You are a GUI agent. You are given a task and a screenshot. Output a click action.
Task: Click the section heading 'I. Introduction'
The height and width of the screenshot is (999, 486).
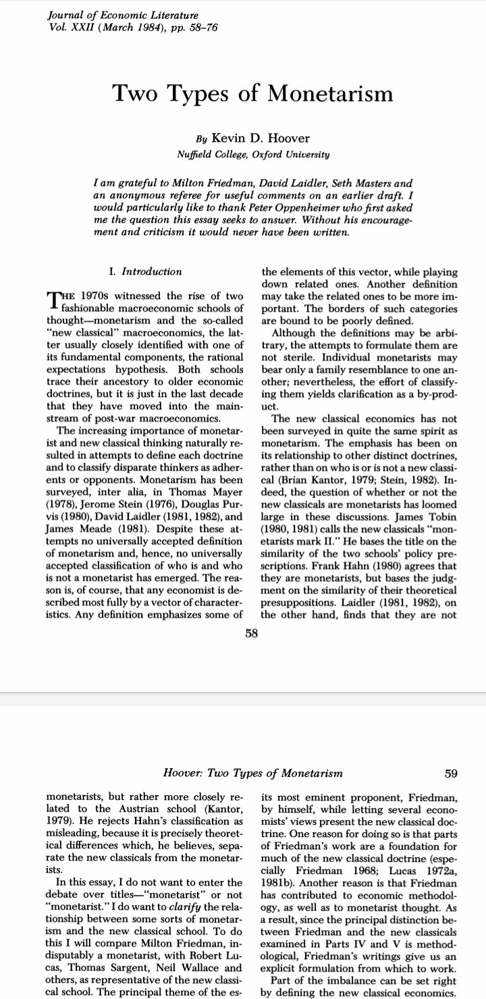(x=145, y=272)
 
